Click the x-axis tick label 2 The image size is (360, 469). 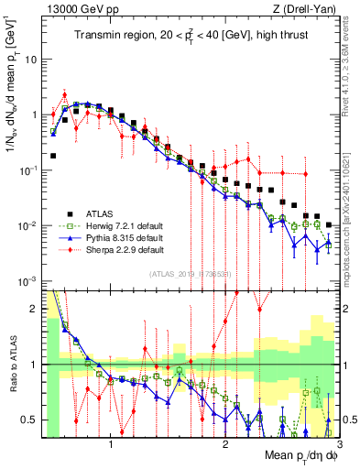pyautogui.click(x=224, y=440)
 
